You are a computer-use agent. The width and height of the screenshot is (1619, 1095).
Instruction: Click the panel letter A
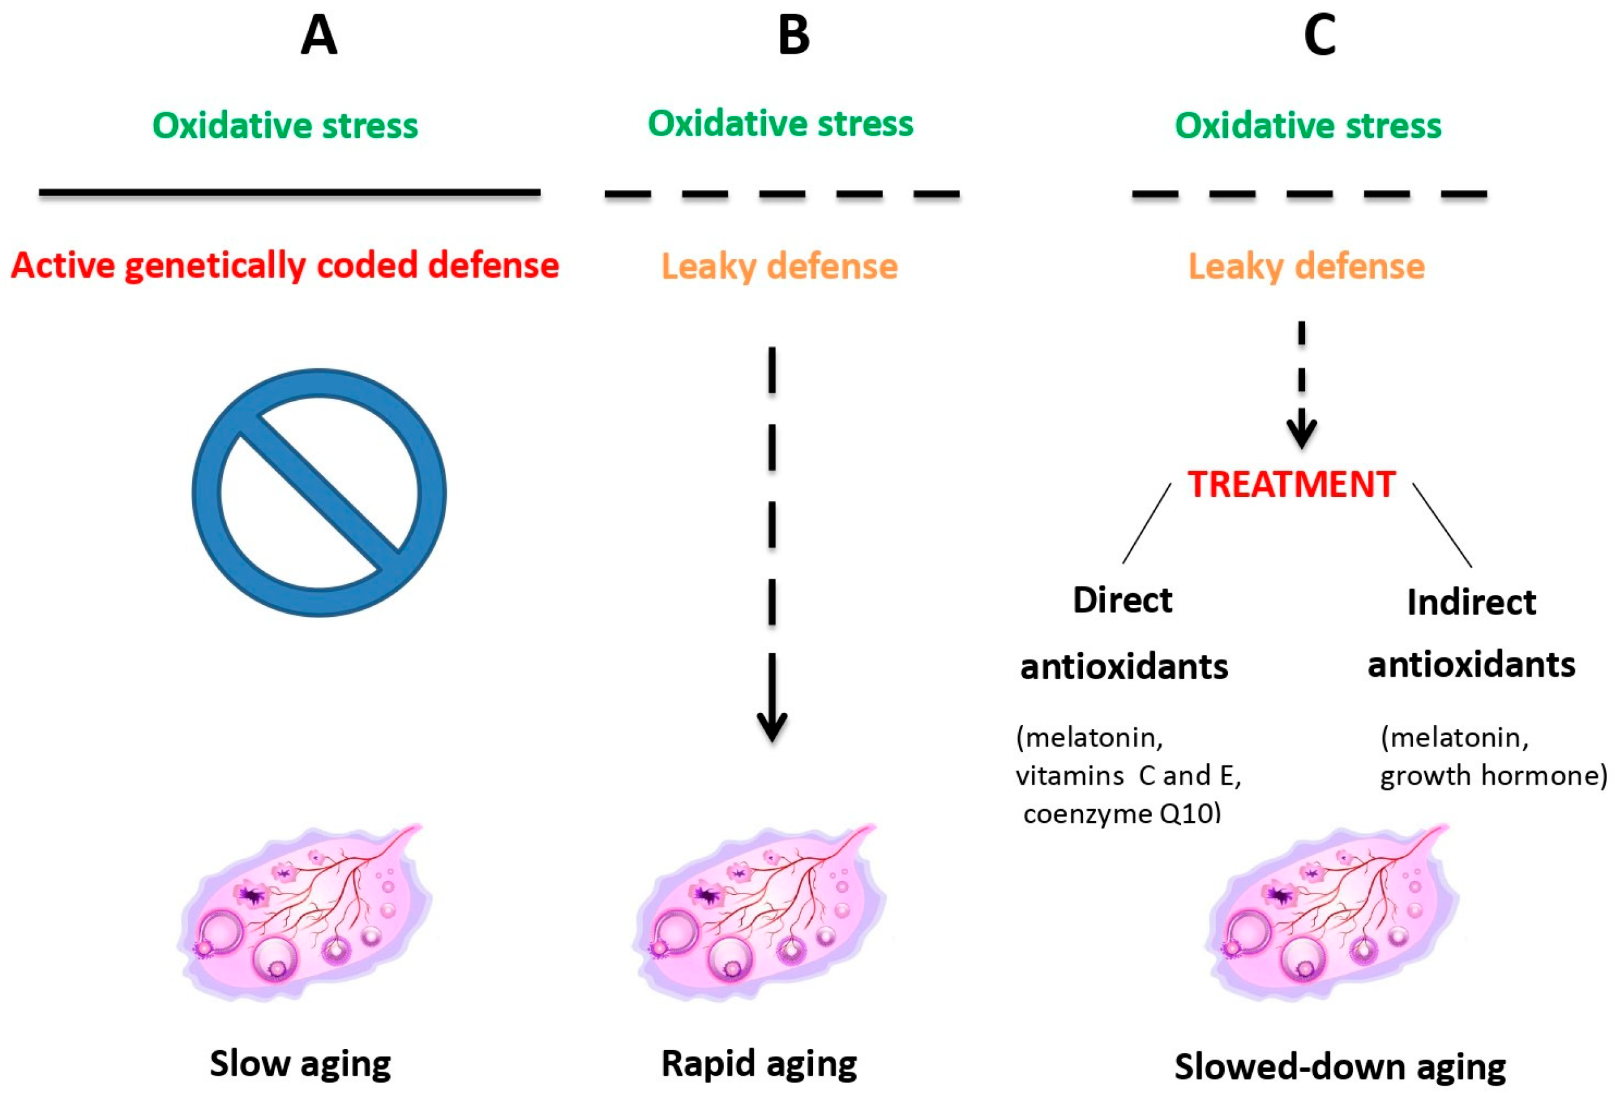(x=319, y=36)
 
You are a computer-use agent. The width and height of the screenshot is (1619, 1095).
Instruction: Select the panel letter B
(x=794, y=36)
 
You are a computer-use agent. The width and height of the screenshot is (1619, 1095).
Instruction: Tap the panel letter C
(x=1320, y=36)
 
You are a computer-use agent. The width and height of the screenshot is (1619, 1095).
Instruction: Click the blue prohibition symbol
(x=319, y=492)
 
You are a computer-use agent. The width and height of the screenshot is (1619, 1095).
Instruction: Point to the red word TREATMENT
(x=1291, y=484)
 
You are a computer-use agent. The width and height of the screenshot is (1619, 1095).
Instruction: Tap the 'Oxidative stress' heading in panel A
(x=285, y=126)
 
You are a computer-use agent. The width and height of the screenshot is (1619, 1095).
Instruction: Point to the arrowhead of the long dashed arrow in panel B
(x=772, y=728)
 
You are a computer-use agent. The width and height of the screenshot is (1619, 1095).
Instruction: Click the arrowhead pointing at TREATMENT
(x=1301, y=435)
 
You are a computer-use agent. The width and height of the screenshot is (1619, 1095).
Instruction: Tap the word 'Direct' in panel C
(x=1122, y=600)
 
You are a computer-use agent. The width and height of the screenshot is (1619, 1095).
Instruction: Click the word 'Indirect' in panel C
(x=1471, y=602)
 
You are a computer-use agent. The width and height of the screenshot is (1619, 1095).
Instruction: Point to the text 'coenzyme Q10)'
(x=1122, y=814)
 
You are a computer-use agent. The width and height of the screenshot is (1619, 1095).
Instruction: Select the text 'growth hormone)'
(x=1494, y=776)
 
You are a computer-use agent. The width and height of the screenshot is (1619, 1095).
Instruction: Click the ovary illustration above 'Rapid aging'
(x=759, y=913)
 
